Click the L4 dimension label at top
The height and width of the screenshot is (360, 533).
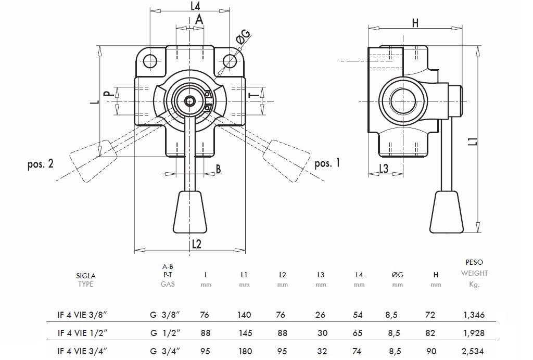coord(195,6)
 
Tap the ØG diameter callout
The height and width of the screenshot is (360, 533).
coord(243,37)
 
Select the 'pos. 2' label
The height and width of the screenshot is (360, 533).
coord(41,164)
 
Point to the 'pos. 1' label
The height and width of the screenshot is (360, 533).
coord(327,163)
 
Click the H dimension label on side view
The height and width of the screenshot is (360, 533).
coord(415,22)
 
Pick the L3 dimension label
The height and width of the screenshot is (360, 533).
coord(383,169)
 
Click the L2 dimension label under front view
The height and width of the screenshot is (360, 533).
coord(196,244)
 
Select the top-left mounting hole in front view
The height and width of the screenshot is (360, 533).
coord(150,61)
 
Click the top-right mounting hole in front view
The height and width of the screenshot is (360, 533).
coord(230,61)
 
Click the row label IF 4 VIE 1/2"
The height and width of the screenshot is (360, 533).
coord(82,333)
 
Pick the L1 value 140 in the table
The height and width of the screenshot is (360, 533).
coord(244,315)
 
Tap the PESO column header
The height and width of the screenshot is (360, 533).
coord(474,263)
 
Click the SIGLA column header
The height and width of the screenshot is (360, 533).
coord(86,276)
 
